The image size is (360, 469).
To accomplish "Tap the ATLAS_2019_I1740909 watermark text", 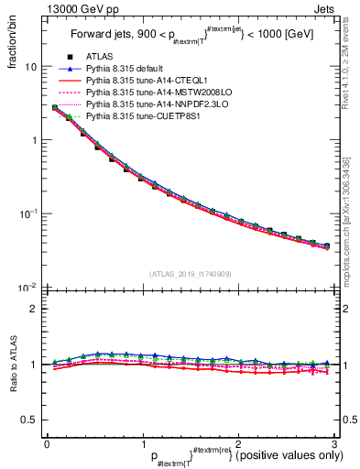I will (x=189, y=274).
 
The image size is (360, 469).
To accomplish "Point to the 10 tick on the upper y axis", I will (x=30, y=67).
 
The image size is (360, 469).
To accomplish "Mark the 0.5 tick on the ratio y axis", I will (x=28, y=420).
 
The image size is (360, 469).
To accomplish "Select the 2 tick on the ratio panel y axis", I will (x=34, y=309).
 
